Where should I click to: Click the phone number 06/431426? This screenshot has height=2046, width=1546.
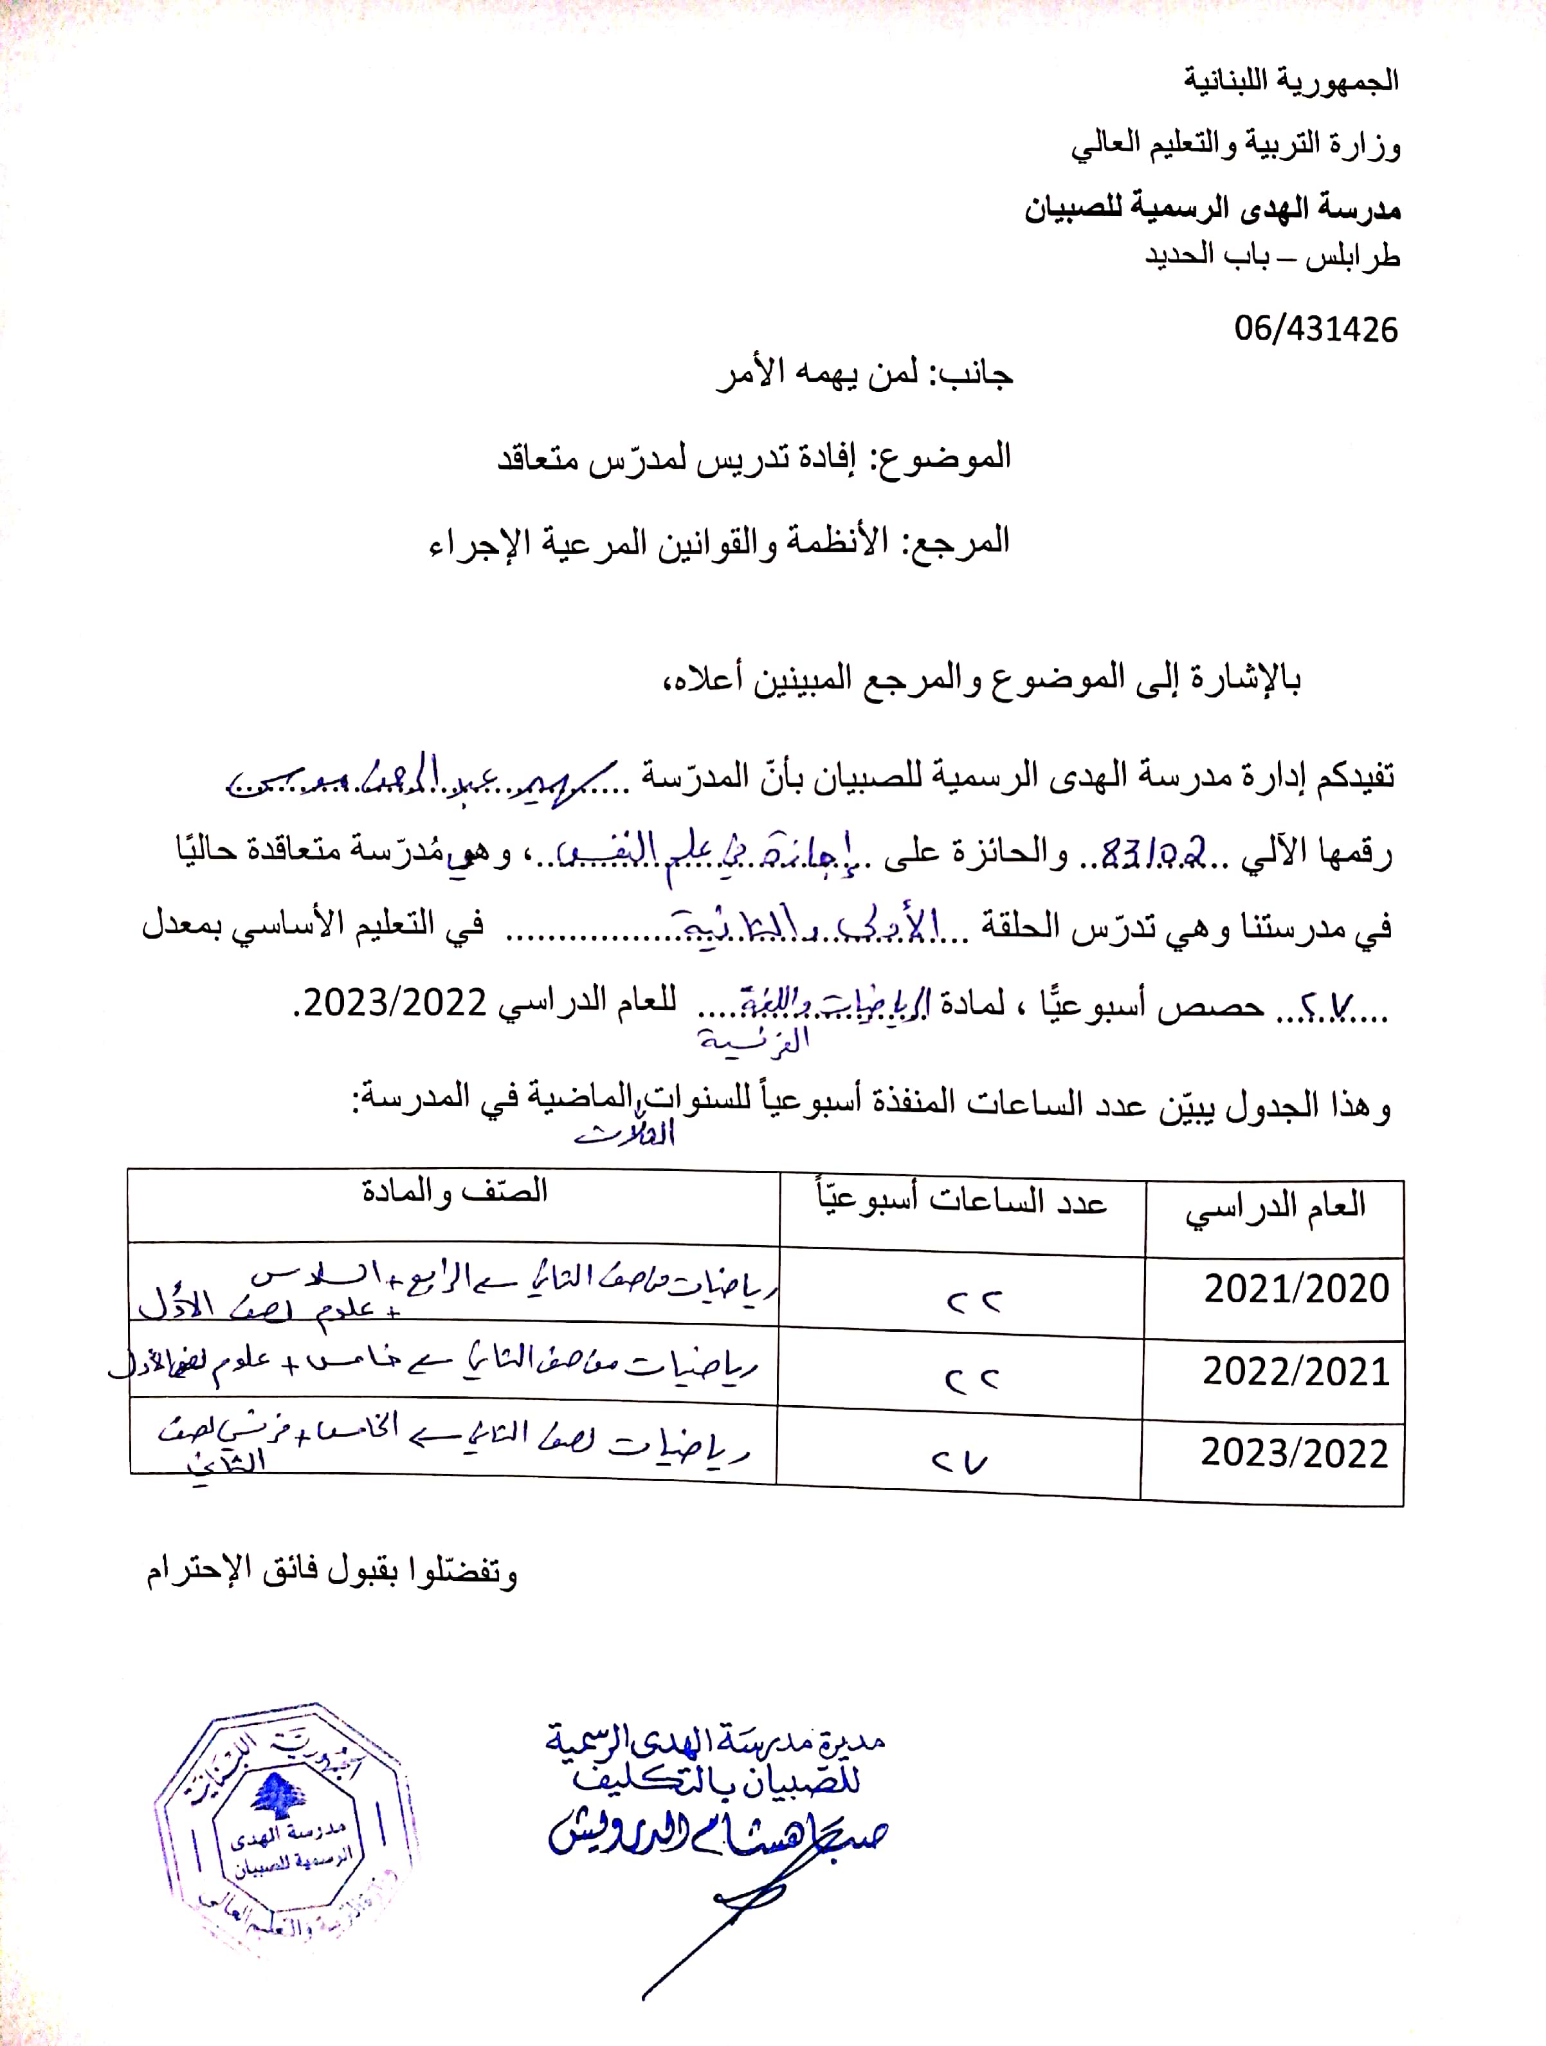tap(1316, 329)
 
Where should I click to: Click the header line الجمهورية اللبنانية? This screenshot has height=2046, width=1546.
tap(1292, 82)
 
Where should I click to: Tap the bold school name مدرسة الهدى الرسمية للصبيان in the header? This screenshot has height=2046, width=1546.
tap(1212, 209)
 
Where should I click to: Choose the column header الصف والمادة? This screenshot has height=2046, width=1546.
tap(454, 1192)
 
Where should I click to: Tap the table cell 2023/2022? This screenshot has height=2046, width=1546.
tap(1295, 1453)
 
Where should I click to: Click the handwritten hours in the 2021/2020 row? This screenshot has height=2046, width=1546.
tap(973, 1302)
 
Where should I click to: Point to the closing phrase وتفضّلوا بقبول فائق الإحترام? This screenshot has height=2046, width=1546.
tap(332, 1572)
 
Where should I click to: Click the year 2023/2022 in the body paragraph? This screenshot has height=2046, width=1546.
tap(395, 1002)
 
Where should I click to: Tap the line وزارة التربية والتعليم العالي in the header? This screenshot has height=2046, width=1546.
tap(1236, 146)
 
